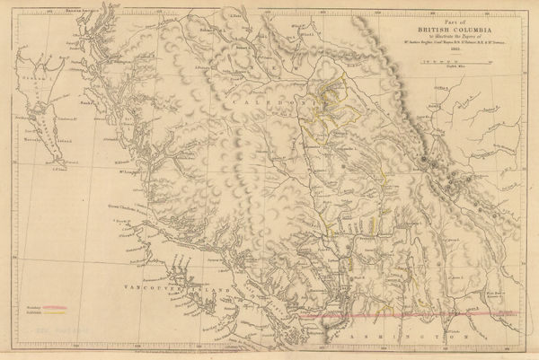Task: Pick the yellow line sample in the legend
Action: [x=55, y=313]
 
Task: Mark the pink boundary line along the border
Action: [x=404, y=317]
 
